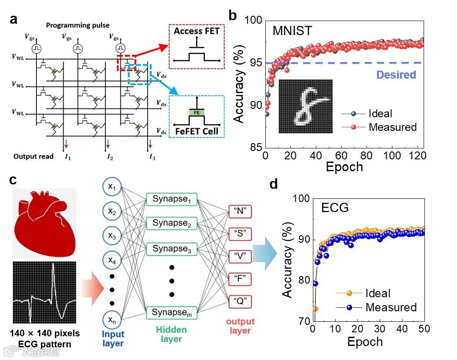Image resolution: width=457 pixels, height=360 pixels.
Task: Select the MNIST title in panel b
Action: point(292,31)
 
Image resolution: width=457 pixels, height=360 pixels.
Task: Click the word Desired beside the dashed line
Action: point(396,75)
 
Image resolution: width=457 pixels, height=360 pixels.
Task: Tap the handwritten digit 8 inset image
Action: point(305,106)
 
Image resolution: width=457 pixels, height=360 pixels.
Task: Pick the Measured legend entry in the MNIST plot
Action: point(392,127)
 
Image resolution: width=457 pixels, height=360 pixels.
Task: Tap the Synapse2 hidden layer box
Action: point(171,223)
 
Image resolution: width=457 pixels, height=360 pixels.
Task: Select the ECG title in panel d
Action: point(335,207)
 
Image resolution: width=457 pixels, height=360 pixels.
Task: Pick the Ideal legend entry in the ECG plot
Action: point(377,293)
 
